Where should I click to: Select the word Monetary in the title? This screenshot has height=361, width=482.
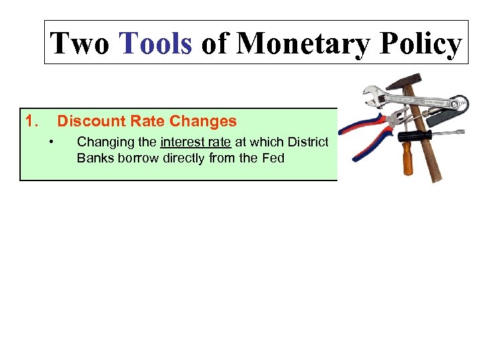(304, 43)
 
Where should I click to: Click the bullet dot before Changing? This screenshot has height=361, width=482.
(52, 141)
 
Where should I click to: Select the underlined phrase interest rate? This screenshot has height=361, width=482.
(195, 142)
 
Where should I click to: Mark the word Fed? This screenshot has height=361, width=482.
(272, 158)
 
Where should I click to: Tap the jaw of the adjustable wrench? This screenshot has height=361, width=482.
(370, 94)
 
